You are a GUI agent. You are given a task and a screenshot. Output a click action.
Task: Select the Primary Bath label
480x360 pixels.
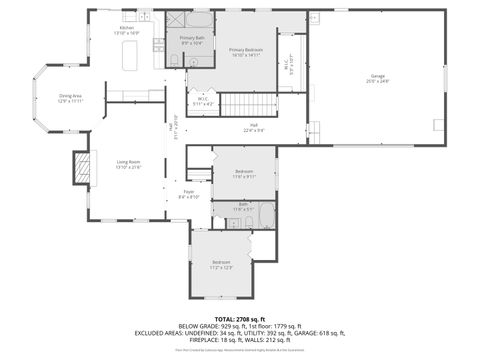(192, 40)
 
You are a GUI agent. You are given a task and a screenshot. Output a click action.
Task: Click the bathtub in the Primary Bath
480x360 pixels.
(200, 19)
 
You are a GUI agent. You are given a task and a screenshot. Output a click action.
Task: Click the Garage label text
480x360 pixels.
(378, 76)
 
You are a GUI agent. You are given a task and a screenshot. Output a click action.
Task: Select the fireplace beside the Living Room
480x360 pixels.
(78, 167)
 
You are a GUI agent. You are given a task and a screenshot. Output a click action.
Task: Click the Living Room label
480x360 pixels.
(128, 164)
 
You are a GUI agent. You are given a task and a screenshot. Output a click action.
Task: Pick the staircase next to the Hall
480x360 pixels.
(240, 103)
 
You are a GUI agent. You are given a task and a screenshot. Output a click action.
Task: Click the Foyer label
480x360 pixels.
(189, 193)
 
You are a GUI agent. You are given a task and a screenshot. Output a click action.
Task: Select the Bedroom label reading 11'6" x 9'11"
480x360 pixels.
(245, 174)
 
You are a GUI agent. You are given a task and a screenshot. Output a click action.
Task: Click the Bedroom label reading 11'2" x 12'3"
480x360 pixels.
(221, 264)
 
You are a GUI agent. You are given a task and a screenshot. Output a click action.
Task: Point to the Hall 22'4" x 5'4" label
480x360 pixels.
(255, 128)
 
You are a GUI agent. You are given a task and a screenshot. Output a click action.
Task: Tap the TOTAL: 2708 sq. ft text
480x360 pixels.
(240, 317)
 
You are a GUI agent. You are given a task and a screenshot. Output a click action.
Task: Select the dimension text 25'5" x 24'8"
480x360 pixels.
(378, 82)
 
